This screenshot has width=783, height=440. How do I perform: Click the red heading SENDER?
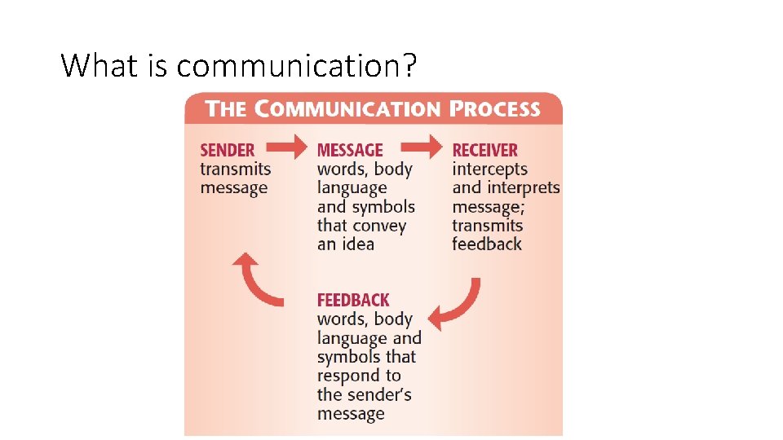pyautogui.click(x=228, y=150)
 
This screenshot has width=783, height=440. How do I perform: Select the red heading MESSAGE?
pyautogui.click(x=350, y=150)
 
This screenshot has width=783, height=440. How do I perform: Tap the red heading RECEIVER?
pyautogui.click(x=485, y=150)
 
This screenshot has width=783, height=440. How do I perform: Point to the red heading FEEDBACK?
pyautogui.click(x=353, y=300)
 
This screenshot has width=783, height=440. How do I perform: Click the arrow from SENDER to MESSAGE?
pyautogui.click(x=290, y=148)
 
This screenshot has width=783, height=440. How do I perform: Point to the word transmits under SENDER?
pyautogui.click(x=236, y=169)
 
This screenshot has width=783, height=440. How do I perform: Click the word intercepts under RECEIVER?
pyautogui.click(x=490, y=169)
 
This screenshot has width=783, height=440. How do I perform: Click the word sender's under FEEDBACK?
pyautogui.click(x=378, y=395)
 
